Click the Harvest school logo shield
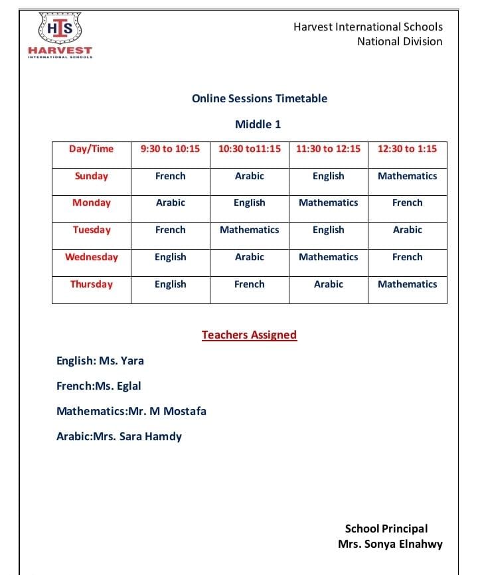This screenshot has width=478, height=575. [x=60, y=29]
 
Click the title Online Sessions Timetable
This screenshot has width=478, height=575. [x=260, y=98]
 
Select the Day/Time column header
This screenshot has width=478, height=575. [x=92, y=149]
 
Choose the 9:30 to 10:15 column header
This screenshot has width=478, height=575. [x=170, y=149]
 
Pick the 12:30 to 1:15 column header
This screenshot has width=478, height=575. [x=407, y=149]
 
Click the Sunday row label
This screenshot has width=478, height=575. [x=92, y=176]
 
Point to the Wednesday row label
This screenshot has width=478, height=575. [x=92, y=257]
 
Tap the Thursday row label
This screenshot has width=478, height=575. [x=92, y=284]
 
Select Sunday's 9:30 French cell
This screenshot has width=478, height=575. [x=170, y=176]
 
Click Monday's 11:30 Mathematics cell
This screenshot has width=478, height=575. [x=328, y=203]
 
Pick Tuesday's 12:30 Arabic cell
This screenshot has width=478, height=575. [x=407, y=230]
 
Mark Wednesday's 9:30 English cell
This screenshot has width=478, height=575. [x=170, y=257]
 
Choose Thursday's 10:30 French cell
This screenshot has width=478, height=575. [x=249, y=284]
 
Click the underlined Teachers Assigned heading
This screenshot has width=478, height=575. [x=249, y=335]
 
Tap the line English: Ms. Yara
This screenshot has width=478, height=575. [x=100, y=361]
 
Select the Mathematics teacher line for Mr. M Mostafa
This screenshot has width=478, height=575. [x=131, y=411]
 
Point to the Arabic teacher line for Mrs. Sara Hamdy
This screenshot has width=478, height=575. [x=119, y=436]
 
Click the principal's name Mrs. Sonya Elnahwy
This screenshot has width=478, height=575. [x=390, y=544]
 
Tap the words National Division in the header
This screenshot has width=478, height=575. [x=400, y=41]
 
